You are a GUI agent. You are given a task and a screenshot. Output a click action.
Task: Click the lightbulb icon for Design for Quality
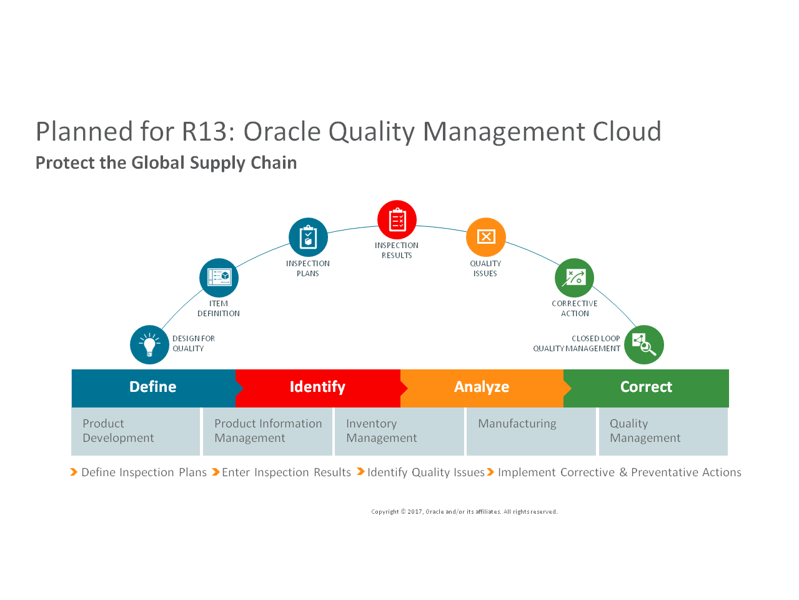(149, 344)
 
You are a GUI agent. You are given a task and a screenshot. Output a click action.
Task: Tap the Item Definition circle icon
(219, 277)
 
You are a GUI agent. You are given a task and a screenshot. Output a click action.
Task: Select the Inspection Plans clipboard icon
(308, 237)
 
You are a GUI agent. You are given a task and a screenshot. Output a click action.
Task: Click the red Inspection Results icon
(397, 220)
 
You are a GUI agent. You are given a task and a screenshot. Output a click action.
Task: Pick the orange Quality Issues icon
(485, 237)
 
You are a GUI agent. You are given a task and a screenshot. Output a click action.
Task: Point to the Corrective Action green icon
(574, 277)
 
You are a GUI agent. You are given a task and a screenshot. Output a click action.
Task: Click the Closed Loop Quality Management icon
(644, 344)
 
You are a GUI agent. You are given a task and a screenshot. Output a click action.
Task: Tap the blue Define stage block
(153, 387)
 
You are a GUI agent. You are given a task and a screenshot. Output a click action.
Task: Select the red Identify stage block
(318, 387)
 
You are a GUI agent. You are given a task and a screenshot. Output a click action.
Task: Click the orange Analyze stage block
(482, 387)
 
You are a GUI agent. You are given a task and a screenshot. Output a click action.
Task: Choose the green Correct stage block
(646, 387)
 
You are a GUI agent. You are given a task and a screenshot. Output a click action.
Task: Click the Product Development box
(136, 431)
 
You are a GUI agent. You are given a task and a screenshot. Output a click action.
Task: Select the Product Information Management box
(267, 431)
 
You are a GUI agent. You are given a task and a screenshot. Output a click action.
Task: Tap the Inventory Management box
(399, 431)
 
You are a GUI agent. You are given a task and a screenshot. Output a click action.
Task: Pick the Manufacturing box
(531, 431)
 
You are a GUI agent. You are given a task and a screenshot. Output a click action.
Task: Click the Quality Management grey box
(663, 431)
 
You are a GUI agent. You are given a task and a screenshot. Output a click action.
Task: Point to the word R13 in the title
(204, 132)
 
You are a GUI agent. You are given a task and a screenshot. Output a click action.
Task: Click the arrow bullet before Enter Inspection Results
(216, 472)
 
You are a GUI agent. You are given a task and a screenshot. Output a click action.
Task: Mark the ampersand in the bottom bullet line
(623, 472)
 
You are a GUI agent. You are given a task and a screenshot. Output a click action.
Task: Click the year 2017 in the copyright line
(415, 512)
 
